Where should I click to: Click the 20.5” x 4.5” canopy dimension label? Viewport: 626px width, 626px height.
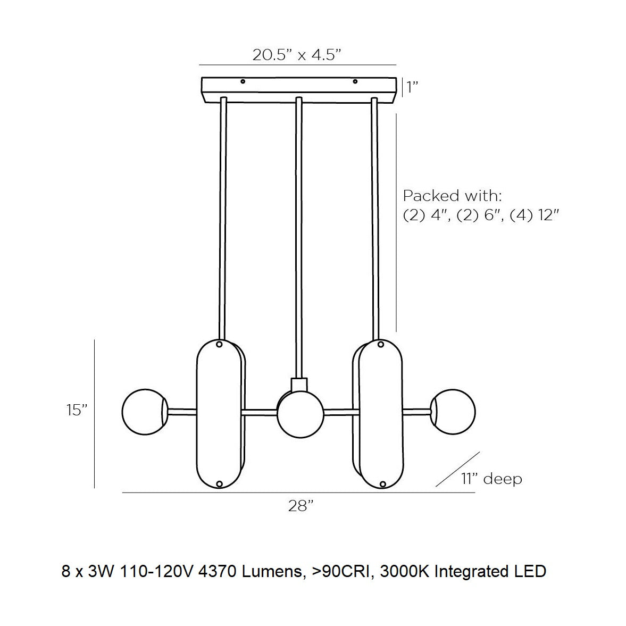point(297,55)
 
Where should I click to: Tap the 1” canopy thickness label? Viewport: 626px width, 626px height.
point(412,87)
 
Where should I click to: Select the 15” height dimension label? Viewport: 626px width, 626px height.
point(77,410)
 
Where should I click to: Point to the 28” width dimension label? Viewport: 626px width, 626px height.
point(300,506)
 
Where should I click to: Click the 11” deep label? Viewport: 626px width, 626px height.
point(491,478)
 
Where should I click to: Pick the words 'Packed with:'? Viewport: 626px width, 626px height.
point(452,196)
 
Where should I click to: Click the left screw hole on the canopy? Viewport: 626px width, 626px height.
point(243,81)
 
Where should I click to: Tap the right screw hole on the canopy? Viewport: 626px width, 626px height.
point(355,81)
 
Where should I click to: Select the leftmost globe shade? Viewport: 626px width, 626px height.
point(145,412)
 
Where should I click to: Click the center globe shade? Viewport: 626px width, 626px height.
point(300,415)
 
